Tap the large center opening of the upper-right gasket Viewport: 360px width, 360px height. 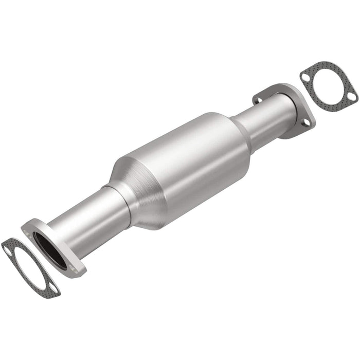pyautogui.click(x=327, y=86)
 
